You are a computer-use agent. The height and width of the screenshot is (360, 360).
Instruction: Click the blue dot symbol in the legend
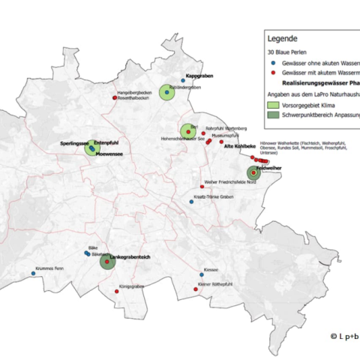pos(274,64)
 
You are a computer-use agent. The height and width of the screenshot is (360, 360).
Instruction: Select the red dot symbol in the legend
pos(274,75)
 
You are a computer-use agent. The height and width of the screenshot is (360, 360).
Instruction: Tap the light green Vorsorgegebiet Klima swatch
pos(274,106)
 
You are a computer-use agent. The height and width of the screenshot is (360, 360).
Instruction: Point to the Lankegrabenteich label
pos(130,257)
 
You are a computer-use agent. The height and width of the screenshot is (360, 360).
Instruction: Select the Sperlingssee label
pos(74,142)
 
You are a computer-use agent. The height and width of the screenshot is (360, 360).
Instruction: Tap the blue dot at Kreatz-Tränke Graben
pos(191,201)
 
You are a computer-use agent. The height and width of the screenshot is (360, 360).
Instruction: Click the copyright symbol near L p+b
pos(334,336)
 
